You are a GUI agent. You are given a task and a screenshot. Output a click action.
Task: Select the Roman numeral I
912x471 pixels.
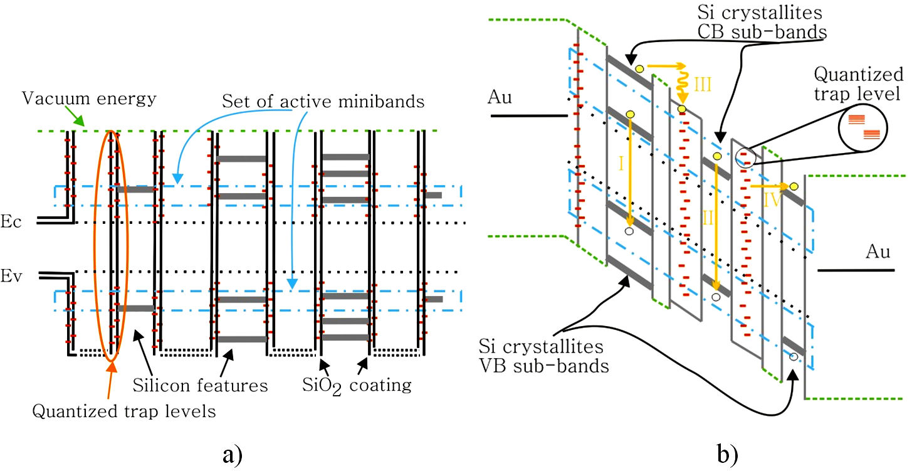[x=621, y=164]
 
